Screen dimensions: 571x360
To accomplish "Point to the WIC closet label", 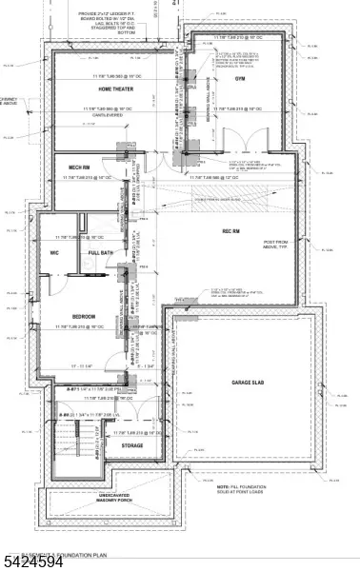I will click(x=56, y=253).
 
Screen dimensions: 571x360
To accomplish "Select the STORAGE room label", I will click(x=131, y=444).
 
